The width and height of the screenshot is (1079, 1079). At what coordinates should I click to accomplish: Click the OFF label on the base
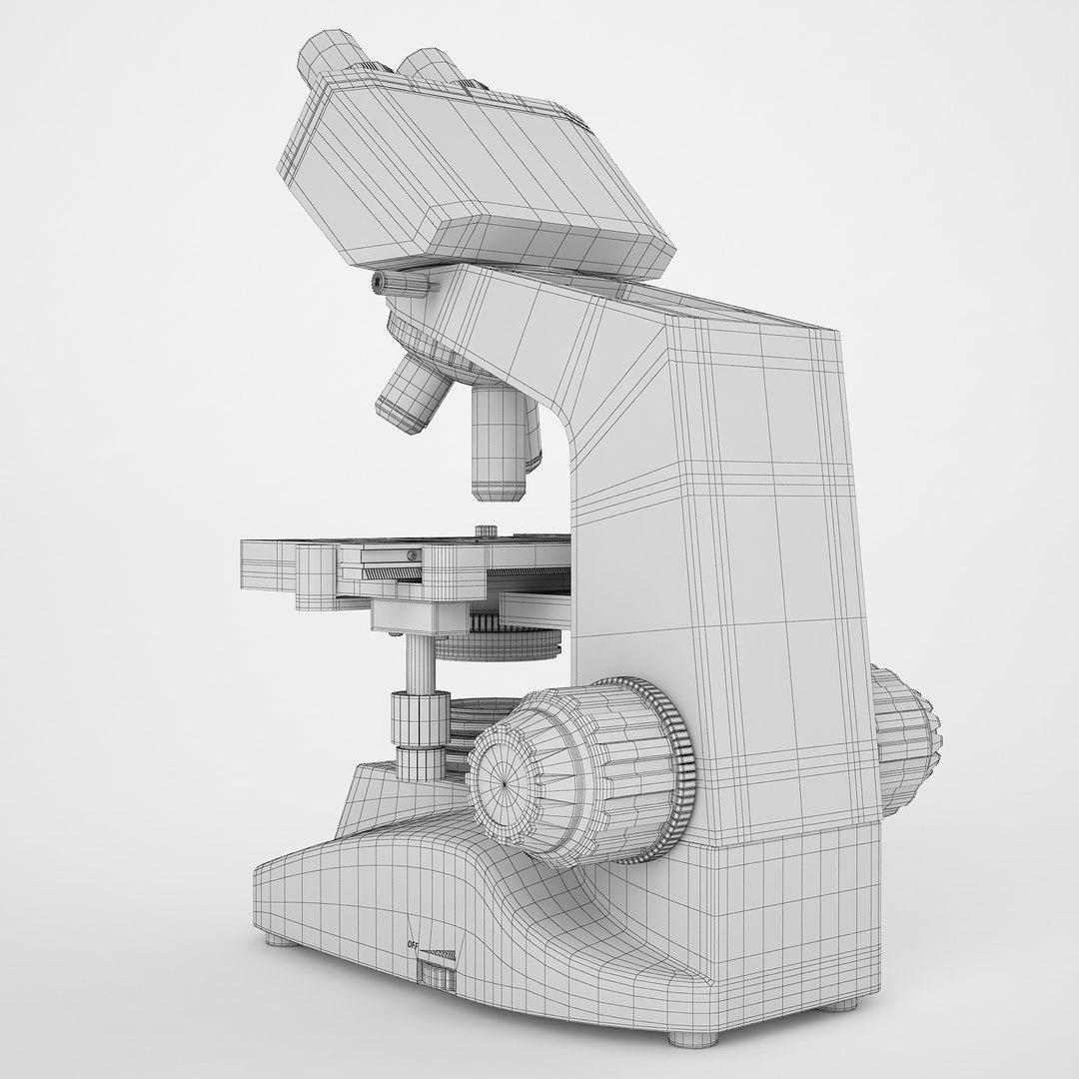click(x=412, y=944)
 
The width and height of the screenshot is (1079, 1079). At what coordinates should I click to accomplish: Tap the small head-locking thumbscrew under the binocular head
click(x=399, y=285)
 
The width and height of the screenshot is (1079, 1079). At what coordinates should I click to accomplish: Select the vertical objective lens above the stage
click(x=499, y=440)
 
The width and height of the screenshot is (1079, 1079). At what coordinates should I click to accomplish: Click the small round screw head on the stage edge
click(x=409, y=555)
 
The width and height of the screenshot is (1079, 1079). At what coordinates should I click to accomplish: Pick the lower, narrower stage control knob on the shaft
click(x=421, y=761)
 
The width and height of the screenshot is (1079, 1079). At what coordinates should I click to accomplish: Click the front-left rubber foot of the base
click(x=279, y=940)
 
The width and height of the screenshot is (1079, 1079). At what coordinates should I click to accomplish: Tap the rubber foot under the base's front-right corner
click(x=693, y=1038)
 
